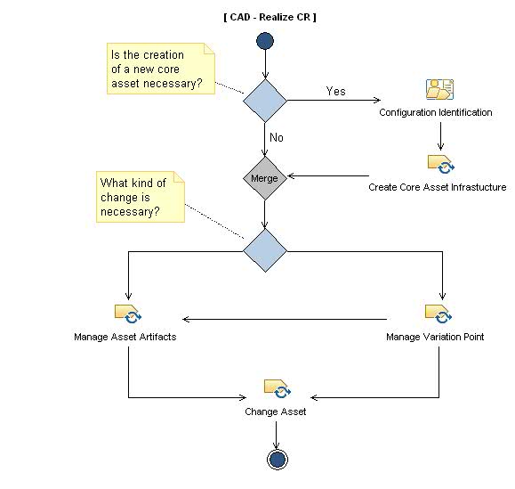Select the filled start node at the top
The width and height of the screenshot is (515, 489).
264,41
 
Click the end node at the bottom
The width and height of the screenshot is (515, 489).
276,459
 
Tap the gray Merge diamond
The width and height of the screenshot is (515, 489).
264,178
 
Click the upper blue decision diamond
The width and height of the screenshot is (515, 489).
265,100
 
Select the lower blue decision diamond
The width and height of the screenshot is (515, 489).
265,250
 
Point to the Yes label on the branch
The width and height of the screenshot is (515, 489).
335,91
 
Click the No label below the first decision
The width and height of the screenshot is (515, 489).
278,138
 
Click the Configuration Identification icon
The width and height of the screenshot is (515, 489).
439,90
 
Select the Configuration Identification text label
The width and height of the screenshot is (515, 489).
436,113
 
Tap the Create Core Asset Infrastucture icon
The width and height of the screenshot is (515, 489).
440,165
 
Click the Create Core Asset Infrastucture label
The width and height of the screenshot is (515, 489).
438,187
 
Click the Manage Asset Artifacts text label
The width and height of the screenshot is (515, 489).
131,338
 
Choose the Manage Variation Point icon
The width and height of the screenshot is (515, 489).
439,314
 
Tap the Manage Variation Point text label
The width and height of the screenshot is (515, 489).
435,338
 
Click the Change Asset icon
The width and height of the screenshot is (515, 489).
276,388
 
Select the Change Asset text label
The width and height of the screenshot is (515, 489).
276,412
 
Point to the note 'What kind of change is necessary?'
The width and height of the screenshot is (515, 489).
140,198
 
